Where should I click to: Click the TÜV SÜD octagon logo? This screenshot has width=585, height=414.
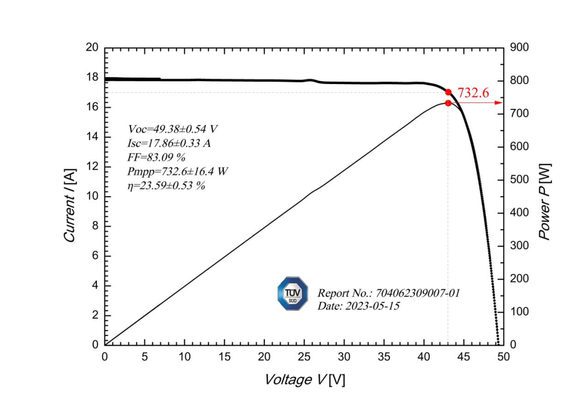click(292, 294)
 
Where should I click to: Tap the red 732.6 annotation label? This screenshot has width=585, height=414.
click(473, 93)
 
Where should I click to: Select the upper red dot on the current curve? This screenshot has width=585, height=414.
click(448, 92)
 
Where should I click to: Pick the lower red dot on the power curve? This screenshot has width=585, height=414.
click(448, 103)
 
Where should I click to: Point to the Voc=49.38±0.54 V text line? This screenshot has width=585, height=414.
click(173, 129)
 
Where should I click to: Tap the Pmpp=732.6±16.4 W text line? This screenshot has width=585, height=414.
click(177, 172)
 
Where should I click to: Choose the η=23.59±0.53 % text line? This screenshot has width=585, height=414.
click(166, 186)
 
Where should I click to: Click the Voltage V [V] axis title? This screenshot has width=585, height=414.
click(304, 380)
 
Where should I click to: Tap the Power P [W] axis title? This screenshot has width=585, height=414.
click(544, 202)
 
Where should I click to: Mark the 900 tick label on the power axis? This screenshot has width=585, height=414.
click(518, 48)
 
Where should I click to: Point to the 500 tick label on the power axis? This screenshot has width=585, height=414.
click(518, 180)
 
